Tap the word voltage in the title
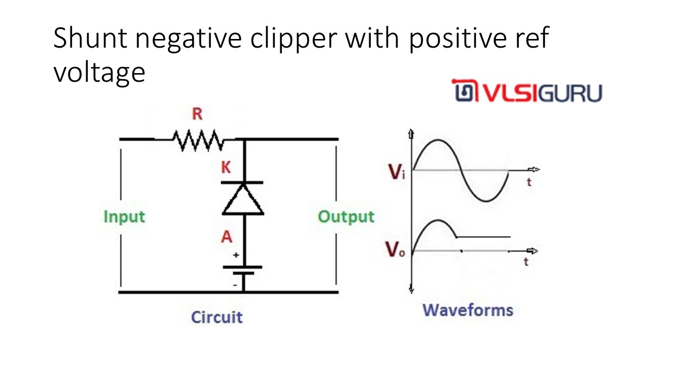coord(99,73)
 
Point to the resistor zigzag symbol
coord(197,140)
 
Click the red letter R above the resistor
coord(198,115)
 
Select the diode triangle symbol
coord(243,199)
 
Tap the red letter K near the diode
coord(226,168)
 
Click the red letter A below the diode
coord(227,237)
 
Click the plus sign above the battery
coord(236,255)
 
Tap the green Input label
coord(125,217)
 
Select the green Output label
coord(346,217)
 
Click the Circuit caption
coord(216,317)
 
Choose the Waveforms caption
coord(467,310)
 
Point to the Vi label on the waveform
coord(396,173)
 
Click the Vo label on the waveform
coord(395,250)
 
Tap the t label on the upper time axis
coord(529,183)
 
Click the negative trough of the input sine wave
coord(486,201)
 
